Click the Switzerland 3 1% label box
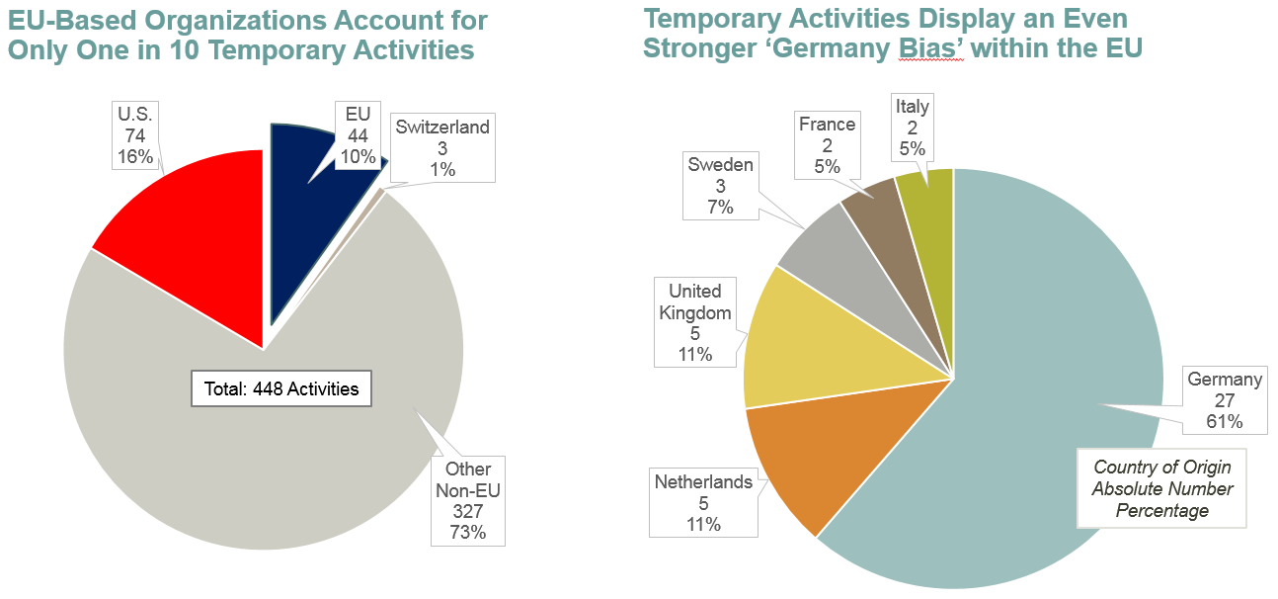coord(442,148)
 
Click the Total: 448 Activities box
coord(281,388)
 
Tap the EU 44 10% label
coord(358,135)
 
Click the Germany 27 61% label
coord(1225,400)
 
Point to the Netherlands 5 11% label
coord(703,503)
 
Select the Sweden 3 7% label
coord(720,185)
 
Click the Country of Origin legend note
coord(1162,488)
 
